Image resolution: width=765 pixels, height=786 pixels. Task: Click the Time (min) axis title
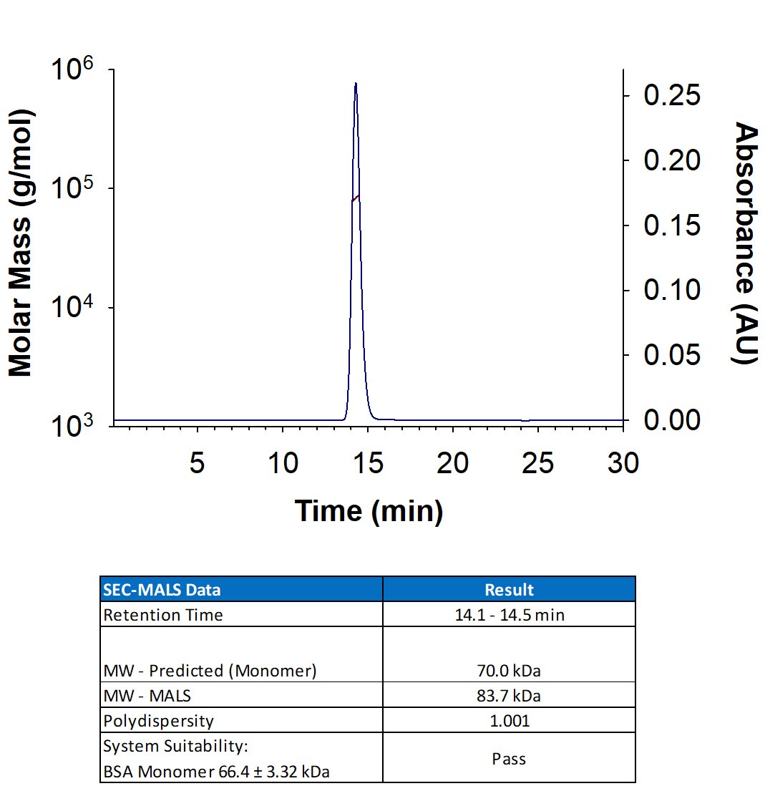[369, 511]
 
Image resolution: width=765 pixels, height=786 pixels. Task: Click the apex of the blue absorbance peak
[356, 84]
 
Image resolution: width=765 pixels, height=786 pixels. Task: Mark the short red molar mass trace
[355, 198]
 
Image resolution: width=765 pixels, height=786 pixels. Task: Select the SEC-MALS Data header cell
[162, 590]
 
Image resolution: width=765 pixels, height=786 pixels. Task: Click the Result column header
[509, 590]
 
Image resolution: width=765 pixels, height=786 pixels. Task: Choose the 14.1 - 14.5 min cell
[509, 615]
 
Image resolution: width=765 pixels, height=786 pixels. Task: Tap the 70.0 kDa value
[509, 671]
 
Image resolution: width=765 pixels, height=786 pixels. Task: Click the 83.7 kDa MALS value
[509, 696]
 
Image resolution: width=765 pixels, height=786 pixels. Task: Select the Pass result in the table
[509, 758]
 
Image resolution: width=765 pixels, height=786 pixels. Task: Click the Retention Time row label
[163, 615]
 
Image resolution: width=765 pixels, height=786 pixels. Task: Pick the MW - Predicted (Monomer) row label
[210, 671]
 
